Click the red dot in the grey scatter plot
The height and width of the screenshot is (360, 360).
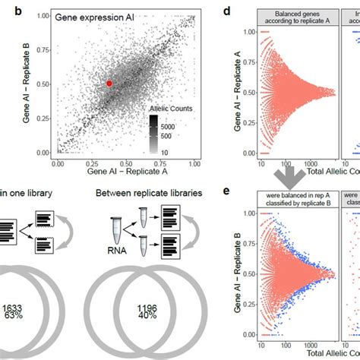click(109, 84)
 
